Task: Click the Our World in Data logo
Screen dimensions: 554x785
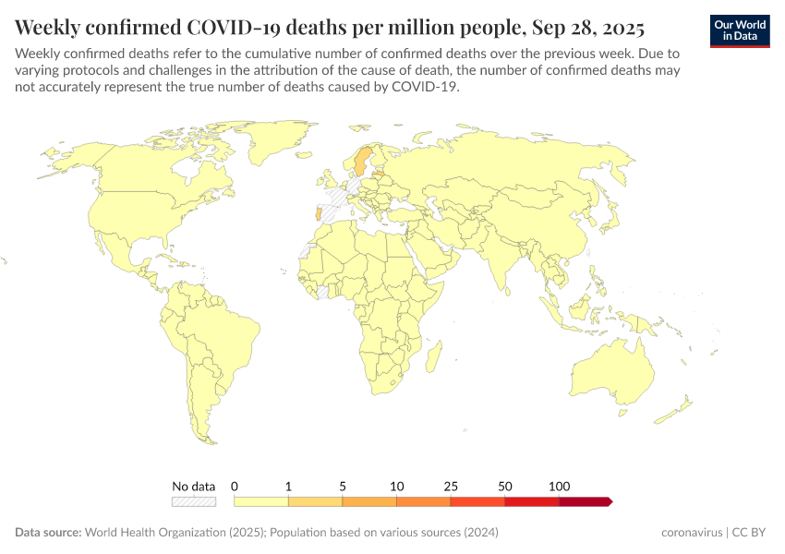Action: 740,30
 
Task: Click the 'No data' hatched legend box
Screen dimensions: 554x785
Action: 193,501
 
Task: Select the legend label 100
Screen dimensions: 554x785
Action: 559,486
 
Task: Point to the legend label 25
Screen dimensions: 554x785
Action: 451,486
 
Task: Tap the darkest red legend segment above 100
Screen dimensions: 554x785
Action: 585,501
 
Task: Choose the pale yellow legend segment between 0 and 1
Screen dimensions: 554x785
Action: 261,501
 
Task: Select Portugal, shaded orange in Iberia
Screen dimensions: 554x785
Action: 320,214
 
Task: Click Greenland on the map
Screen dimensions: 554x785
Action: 277,148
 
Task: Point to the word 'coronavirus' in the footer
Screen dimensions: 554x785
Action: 692,533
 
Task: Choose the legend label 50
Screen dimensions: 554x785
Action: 505,486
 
